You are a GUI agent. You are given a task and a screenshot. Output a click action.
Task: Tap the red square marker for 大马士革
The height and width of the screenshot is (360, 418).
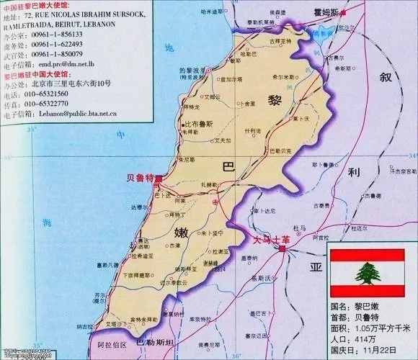(x=283, y=248)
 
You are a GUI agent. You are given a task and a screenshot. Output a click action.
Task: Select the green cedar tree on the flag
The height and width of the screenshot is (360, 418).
(x=367, y=273)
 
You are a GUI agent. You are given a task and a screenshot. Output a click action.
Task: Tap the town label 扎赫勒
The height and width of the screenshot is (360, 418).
(x=208, y=185)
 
